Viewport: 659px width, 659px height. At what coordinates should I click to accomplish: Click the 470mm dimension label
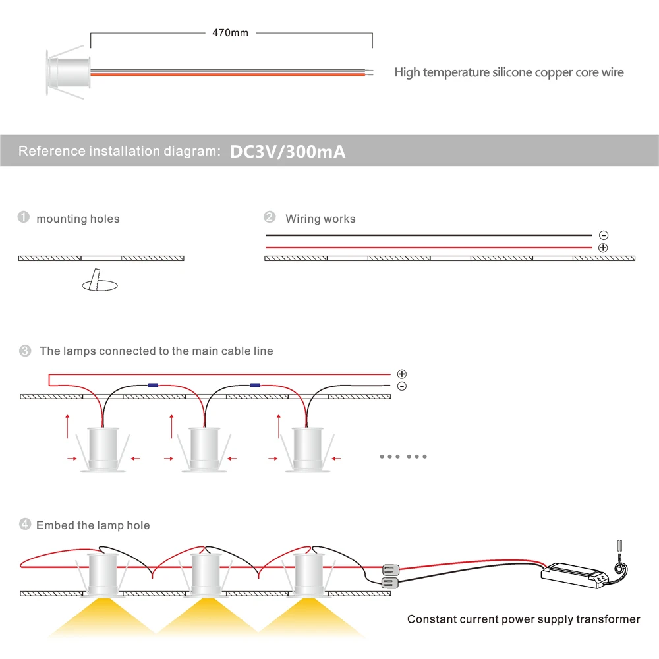coord(230,33)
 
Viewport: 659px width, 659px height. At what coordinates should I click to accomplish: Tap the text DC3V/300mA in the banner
coord(287,152)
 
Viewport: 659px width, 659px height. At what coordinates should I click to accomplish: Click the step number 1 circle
coord(24,217)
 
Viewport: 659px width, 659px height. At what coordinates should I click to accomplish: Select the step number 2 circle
coord(270,217)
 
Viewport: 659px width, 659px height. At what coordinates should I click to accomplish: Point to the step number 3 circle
coord(25,351)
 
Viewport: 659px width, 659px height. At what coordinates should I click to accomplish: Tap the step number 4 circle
coord(25,525)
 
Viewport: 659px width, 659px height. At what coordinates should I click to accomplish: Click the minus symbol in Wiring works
coord(604,235)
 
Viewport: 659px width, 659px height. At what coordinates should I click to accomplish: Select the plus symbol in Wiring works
coord(604,248)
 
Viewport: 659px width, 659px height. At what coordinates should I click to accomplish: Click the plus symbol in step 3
coord(402,374)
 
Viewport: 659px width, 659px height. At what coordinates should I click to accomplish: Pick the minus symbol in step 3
coord(402,386)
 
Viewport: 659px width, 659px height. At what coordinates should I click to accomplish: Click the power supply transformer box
coord(574,575)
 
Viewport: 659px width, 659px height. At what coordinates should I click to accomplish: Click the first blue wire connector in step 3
coord(153,384)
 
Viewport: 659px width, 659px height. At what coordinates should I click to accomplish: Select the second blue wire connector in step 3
coord(255,384)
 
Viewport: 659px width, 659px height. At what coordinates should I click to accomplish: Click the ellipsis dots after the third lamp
coord(403,456)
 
